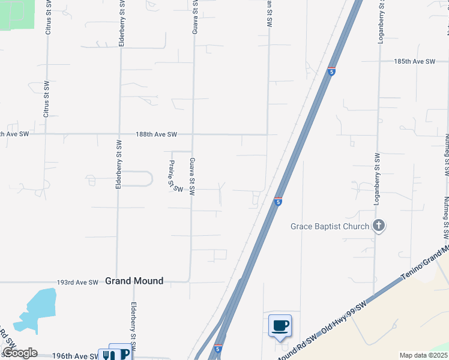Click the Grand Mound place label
click(134, 281)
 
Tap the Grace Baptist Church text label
click(330, 226)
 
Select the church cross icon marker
click(379, 226)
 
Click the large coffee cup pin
click(280, 326)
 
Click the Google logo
click(20, 353)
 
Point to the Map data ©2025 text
click(423, 355)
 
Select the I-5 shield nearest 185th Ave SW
click(331, 71)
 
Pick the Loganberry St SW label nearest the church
click(378, 179)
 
